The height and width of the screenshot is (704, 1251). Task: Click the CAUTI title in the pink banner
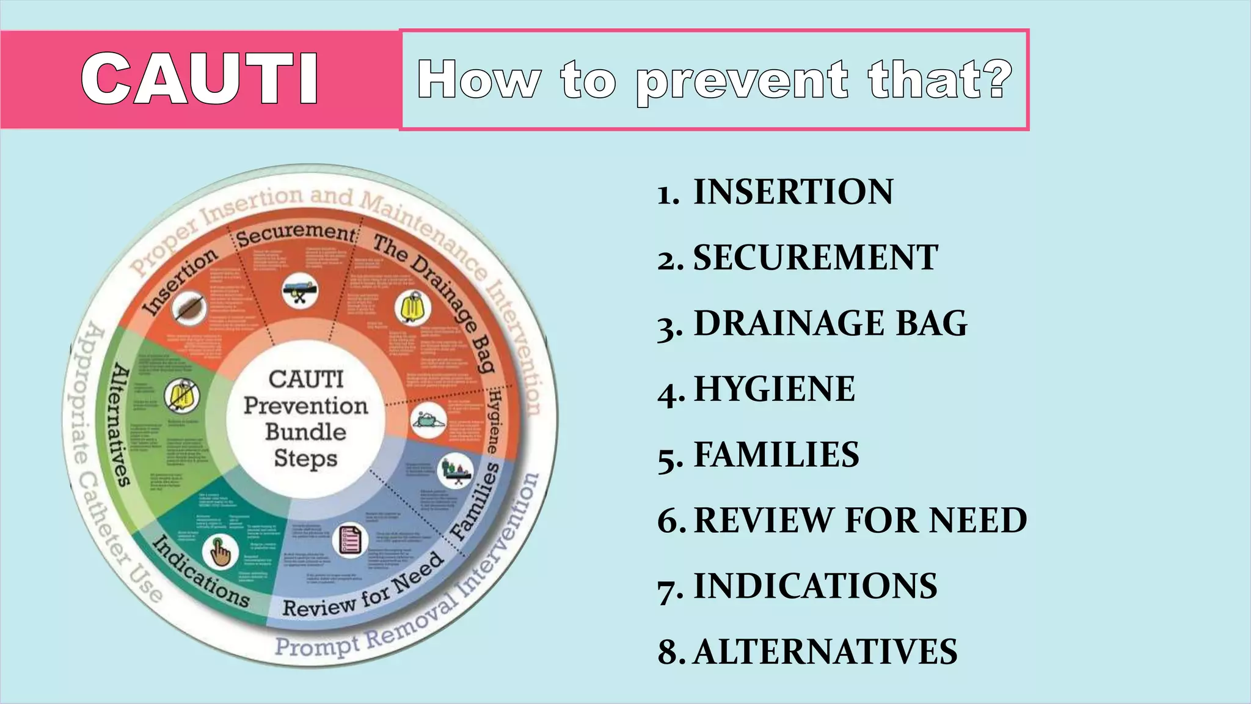199,79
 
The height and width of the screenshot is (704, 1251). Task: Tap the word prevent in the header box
742,81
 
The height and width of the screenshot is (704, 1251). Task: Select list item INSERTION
793,192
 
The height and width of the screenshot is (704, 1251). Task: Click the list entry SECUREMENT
815,257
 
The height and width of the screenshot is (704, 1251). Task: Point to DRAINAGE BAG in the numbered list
831,323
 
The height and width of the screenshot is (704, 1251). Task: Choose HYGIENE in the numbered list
774,389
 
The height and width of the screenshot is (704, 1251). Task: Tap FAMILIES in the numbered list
776,455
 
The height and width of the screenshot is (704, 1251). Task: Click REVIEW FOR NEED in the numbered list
860,520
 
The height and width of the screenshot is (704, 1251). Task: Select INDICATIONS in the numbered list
815,585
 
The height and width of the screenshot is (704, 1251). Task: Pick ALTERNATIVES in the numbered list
825,651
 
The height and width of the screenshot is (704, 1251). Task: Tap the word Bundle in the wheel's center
305,431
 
